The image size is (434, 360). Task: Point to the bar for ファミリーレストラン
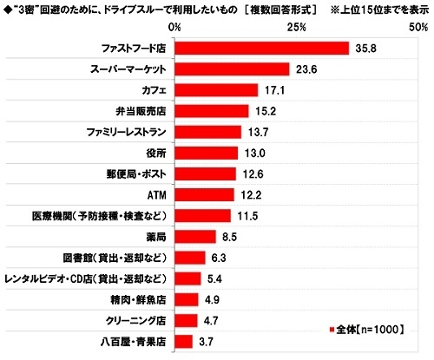pyautogui.click(x=207, y=132)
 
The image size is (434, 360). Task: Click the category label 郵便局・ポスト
pyautogui.click(x=133, y=173)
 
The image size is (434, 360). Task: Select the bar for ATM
pyautogui.click(x=204, y=194)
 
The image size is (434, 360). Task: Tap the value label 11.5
pyautogui.click(x=247, y=215)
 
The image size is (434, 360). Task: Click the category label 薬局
pyautogui.click(x=155, y=237)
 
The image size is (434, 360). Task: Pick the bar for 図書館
pyautogui.click(x=189, y=258)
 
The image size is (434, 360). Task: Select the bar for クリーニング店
pyautogui.click(x=186, y=320)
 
